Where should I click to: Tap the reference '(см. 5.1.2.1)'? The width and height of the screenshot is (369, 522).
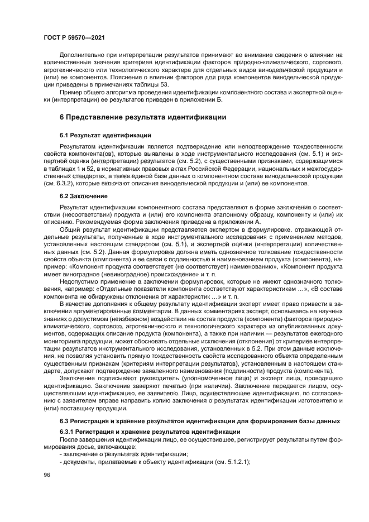tap(230, 461)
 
